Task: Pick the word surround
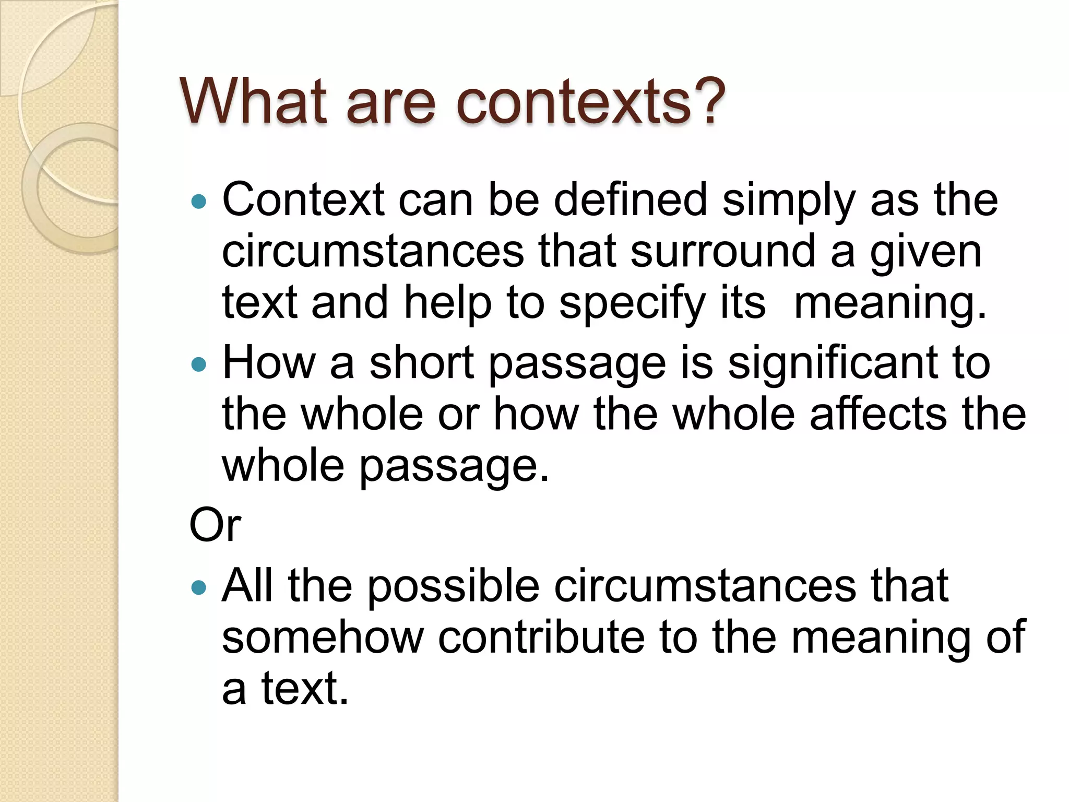tap(723, 252)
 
